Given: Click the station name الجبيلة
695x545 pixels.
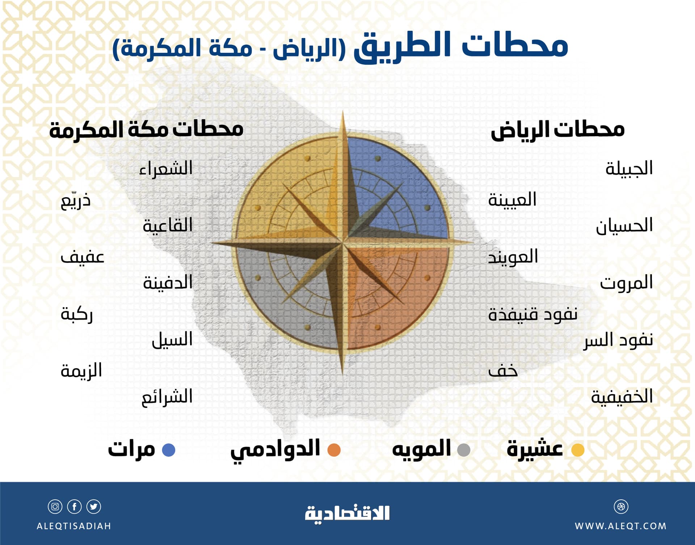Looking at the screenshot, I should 629,168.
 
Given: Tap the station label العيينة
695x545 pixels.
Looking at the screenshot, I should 512,200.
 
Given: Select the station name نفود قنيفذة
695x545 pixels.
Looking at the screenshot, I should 532,314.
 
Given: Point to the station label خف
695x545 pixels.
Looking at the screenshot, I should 503,371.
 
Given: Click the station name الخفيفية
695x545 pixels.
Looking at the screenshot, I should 622,397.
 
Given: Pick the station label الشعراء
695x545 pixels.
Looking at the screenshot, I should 166,169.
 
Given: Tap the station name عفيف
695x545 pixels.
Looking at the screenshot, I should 83,257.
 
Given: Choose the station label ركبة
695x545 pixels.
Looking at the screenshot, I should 77,314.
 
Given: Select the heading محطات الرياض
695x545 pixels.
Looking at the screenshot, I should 557,130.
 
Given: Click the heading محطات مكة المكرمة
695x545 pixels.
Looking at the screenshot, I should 146,130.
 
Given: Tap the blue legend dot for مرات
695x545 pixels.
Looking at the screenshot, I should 169,450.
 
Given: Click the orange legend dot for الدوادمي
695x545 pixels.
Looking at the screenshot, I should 334,450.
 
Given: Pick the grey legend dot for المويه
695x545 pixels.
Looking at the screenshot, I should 464,450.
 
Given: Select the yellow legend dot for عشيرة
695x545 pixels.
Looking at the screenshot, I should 578,450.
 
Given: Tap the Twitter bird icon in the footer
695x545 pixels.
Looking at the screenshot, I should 94,506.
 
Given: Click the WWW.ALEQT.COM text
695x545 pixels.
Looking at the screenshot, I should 620,526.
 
